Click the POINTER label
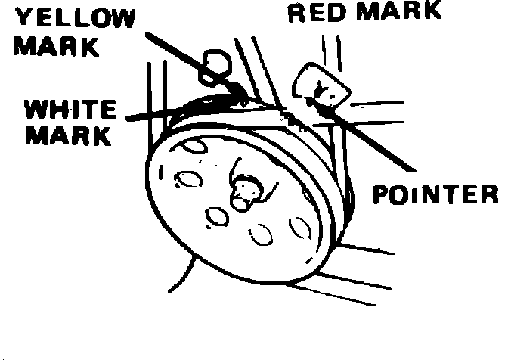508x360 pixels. coord(436,195)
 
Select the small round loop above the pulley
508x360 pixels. coord(218,61)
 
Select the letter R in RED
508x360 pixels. coord(296,11)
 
